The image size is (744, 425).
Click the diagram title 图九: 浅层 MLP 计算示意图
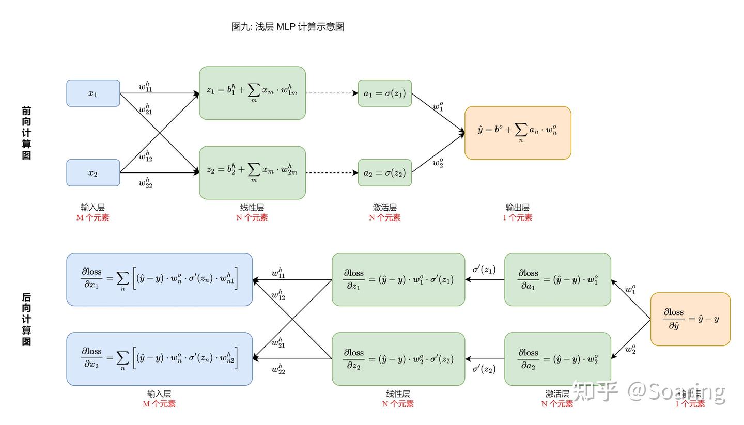tap(288, 27)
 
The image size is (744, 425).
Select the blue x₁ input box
tap(93, 93)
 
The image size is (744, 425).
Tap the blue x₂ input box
tap(93, 173)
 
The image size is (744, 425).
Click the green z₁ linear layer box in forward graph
tap(252, 93)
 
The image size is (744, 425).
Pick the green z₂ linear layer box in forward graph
tap(252, 172)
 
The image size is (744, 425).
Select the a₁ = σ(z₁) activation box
tap(385, 93)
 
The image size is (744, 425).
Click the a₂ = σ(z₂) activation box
tap(385, 173)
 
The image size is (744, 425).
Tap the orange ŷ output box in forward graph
tap(518, 133)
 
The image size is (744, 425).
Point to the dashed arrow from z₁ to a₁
tap(332, 93)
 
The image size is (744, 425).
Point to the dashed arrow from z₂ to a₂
tap(332, 173)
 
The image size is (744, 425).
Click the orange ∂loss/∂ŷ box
tap(690, 319)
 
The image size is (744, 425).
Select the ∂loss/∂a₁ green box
tap(557, 279)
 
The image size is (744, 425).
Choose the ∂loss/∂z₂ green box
tap(398, 359)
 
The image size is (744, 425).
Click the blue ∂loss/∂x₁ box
tap(160, 279)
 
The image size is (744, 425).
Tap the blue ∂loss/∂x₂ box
tap(160, 359)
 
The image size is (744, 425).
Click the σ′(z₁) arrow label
tap(484, 270)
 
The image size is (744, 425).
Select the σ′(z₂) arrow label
tap(484, 369)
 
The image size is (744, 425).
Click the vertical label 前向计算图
tap(26, 133)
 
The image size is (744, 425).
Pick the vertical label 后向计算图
tap(26, 319)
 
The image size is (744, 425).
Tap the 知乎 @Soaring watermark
tap(648, 391)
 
